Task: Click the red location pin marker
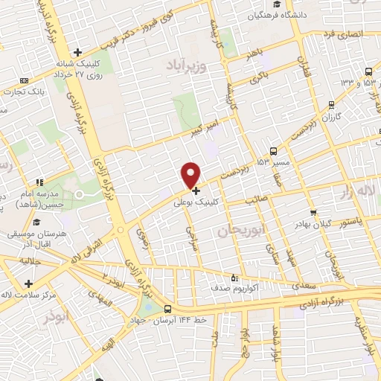[191, 174]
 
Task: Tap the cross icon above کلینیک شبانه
[77, 52]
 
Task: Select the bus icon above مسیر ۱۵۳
[275, 150]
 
